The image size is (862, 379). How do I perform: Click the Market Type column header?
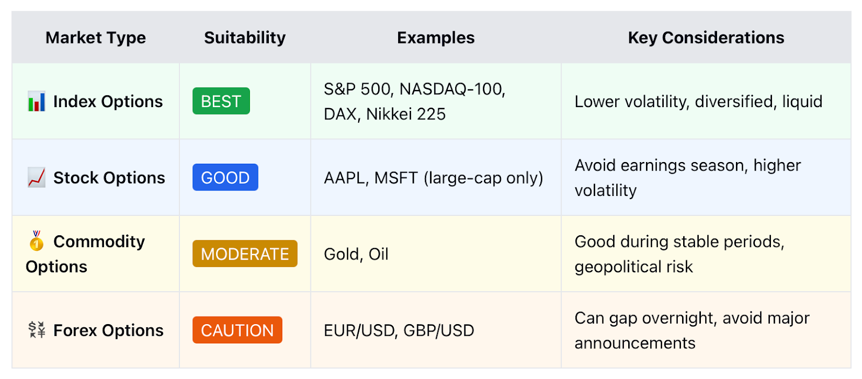pos(95,38)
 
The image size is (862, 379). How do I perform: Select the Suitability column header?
pos(245,38)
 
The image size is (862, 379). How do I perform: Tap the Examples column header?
pos(436,38)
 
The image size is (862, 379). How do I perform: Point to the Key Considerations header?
pos(706,38)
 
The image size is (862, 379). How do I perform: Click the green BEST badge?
pos(221,101)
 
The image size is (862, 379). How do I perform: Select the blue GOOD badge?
pos(226,177)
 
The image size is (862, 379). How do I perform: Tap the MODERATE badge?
pos(245,254)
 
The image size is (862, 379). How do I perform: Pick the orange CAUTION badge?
pos(238,330)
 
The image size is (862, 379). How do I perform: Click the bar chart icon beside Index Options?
pos(37,101)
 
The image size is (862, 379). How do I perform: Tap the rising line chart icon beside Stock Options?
pos(37,178)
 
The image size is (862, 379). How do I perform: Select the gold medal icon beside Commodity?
pos(37,241)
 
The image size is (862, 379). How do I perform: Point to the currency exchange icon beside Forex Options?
pos(37,330)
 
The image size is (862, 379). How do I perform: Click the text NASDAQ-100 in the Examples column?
pos(452,89)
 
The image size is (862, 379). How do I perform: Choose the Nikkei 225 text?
pos(406,114)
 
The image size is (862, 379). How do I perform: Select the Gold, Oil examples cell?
pos(356,254)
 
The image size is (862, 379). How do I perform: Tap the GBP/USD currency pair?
pos(439,331)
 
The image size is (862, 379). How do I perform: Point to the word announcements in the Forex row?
pos(635,343)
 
